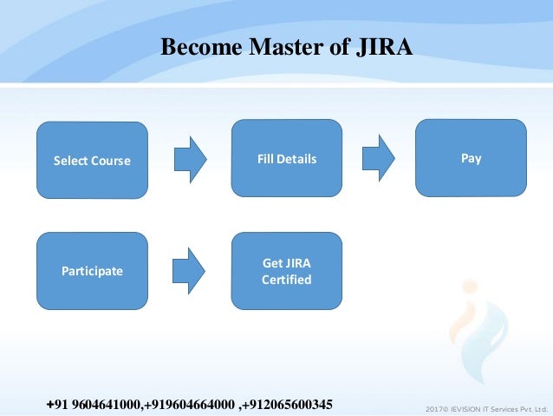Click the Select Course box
pyautogui.click(x=91, y=161)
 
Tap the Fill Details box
pyautogui.click(x=286, y=159)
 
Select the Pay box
pyautogui.click(x=471, y=158)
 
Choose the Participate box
pyautogui.click(x=91, y=271)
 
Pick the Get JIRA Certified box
pyautogui.click(x=286, y=270)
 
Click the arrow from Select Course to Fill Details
pyautogui.click(x=190, y=160)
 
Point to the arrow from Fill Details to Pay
pyautogui.click(x=377, y=159)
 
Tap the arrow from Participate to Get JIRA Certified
pyautogui.click(x=190, y=271)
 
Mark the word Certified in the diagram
pyautogui.click(x=286, y=280)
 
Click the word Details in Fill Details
pyautogui.click(x=298, y=159)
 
